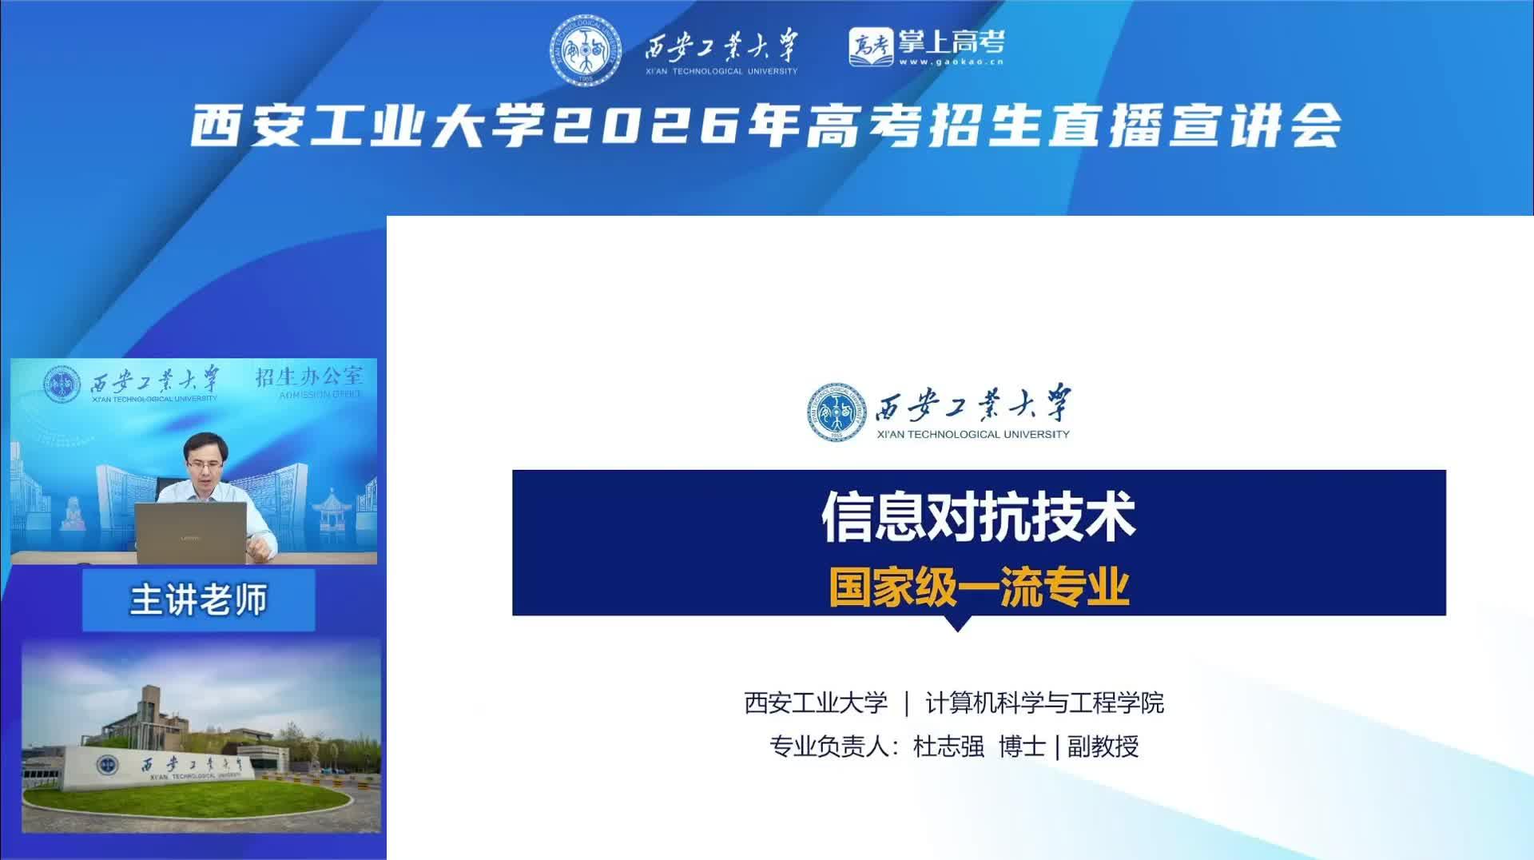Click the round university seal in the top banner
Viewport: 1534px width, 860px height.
586,50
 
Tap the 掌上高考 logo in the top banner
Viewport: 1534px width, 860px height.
926,47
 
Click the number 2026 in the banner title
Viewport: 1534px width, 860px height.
645,126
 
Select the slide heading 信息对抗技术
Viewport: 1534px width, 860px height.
979,516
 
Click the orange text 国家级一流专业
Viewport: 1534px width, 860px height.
979,587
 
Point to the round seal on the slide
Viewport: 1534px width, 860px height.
837,412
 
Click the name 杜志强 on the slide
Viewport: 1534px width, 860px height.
948,747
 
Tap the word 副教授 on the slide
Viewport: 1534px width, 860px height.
1103,747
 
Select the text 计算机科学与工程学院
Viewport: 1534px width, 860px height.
1044,703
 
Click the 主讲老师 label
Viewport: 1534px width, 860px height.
198,600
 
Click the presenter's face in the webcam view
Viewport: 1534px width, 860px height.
205,463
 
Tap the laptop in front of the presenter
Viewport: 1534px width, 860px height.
191,533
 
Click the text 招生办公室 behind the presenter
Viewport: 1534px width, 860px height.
308,376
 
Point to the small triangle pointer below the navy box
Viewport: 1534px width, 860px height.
957,623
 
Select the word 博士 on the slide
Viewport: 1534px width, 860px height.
1022,747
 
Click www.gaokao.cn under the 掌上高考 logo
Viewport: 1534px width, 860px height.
951,62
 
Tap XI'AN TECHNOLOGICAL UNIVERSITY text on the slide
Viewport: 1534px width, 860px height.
973,434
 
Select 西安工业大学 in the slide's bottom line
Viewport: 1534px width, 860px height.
816,703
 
